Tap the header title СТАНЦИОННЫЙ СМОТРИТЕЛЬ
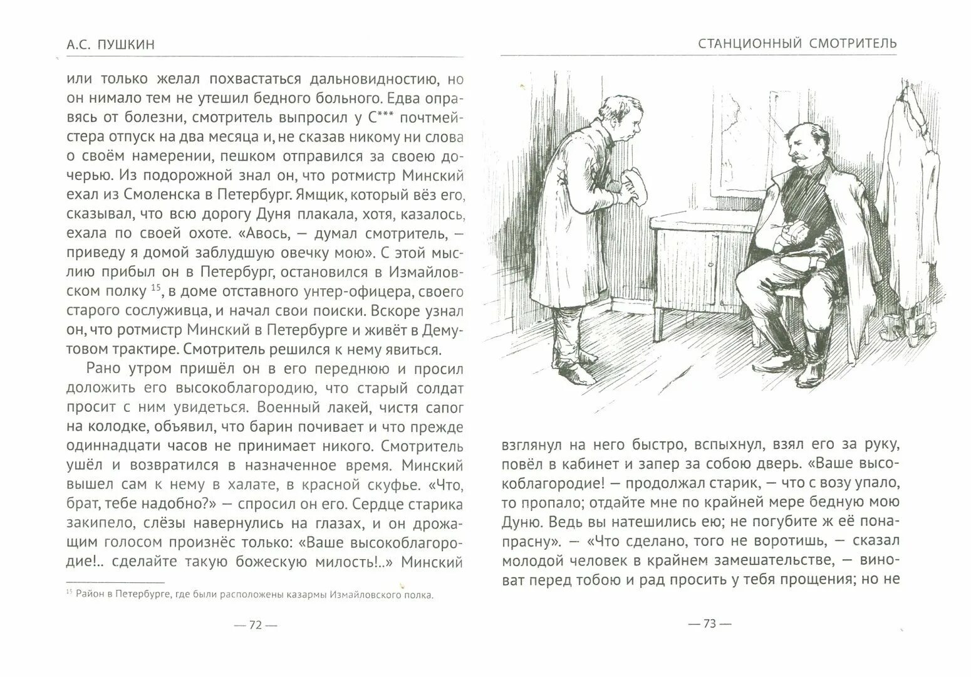pos(797,43)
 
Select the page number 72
pos(255,625)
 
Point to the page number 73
pos(709,623)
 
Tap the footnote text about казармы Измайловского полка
pos(251,595)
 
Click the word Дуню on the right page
pos(525,523)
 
